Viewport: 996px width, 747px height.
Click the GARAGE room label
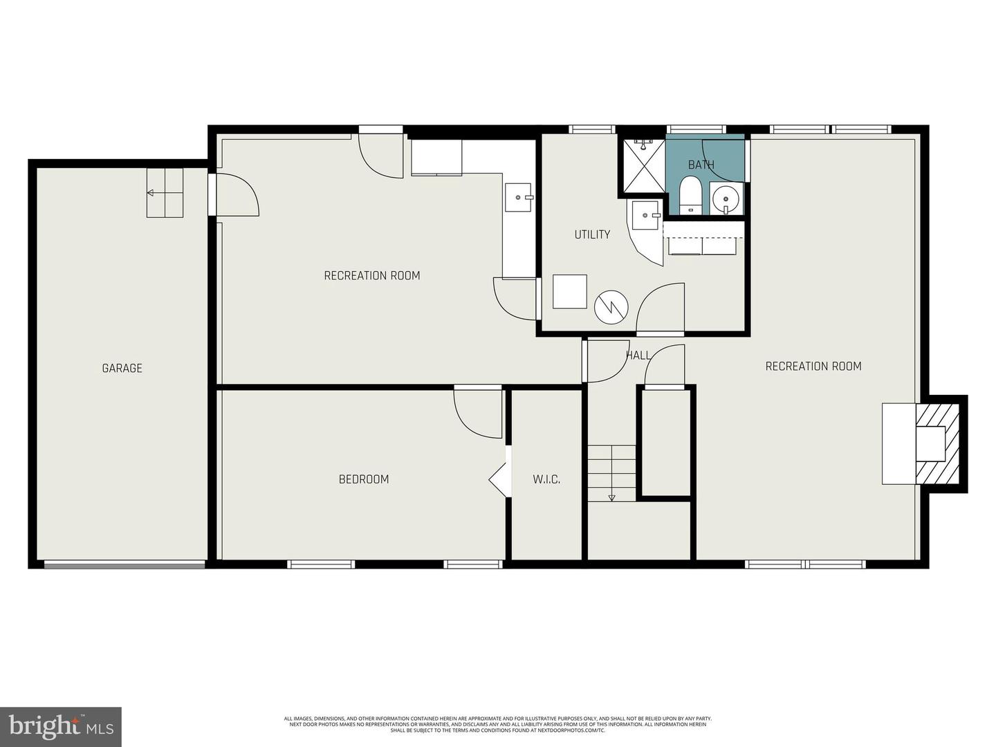click(122, 368)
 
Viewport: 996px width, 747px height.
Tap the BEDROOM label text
click(363, 479)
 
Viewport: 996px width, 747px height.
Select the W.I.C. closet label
click(546, 479)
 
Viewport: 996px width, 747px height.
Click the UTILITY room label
click(592, 234)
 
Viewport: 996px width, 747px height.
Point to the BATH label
click(701, 165)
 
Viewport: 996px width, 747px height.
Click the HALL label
click(638, 355)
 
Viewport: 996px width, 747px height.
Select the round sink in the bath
click(726, 200)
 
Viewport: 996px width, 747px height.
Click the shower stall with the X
click(643, 165)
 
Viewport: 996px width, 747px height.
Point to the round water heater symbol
click(611, 306)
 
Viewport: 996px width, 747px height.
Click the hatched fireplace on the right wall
click(939, 443)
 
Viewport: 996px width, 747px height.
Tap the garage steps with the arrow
click(165, 193)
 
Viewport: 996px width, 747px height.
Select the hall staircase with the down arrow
click(611, 473)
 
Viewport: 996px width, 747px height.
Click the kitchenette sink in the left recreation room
click(518, 197)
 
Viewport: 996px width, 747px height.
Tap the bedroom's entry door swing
click(479, 412)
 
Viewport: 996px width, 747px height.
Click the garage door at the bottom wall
click(124, 564)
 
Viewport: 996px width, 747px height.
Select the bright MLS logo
click(61, 726)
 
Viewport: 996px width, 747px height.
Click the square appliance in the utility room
click(570, 291)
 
